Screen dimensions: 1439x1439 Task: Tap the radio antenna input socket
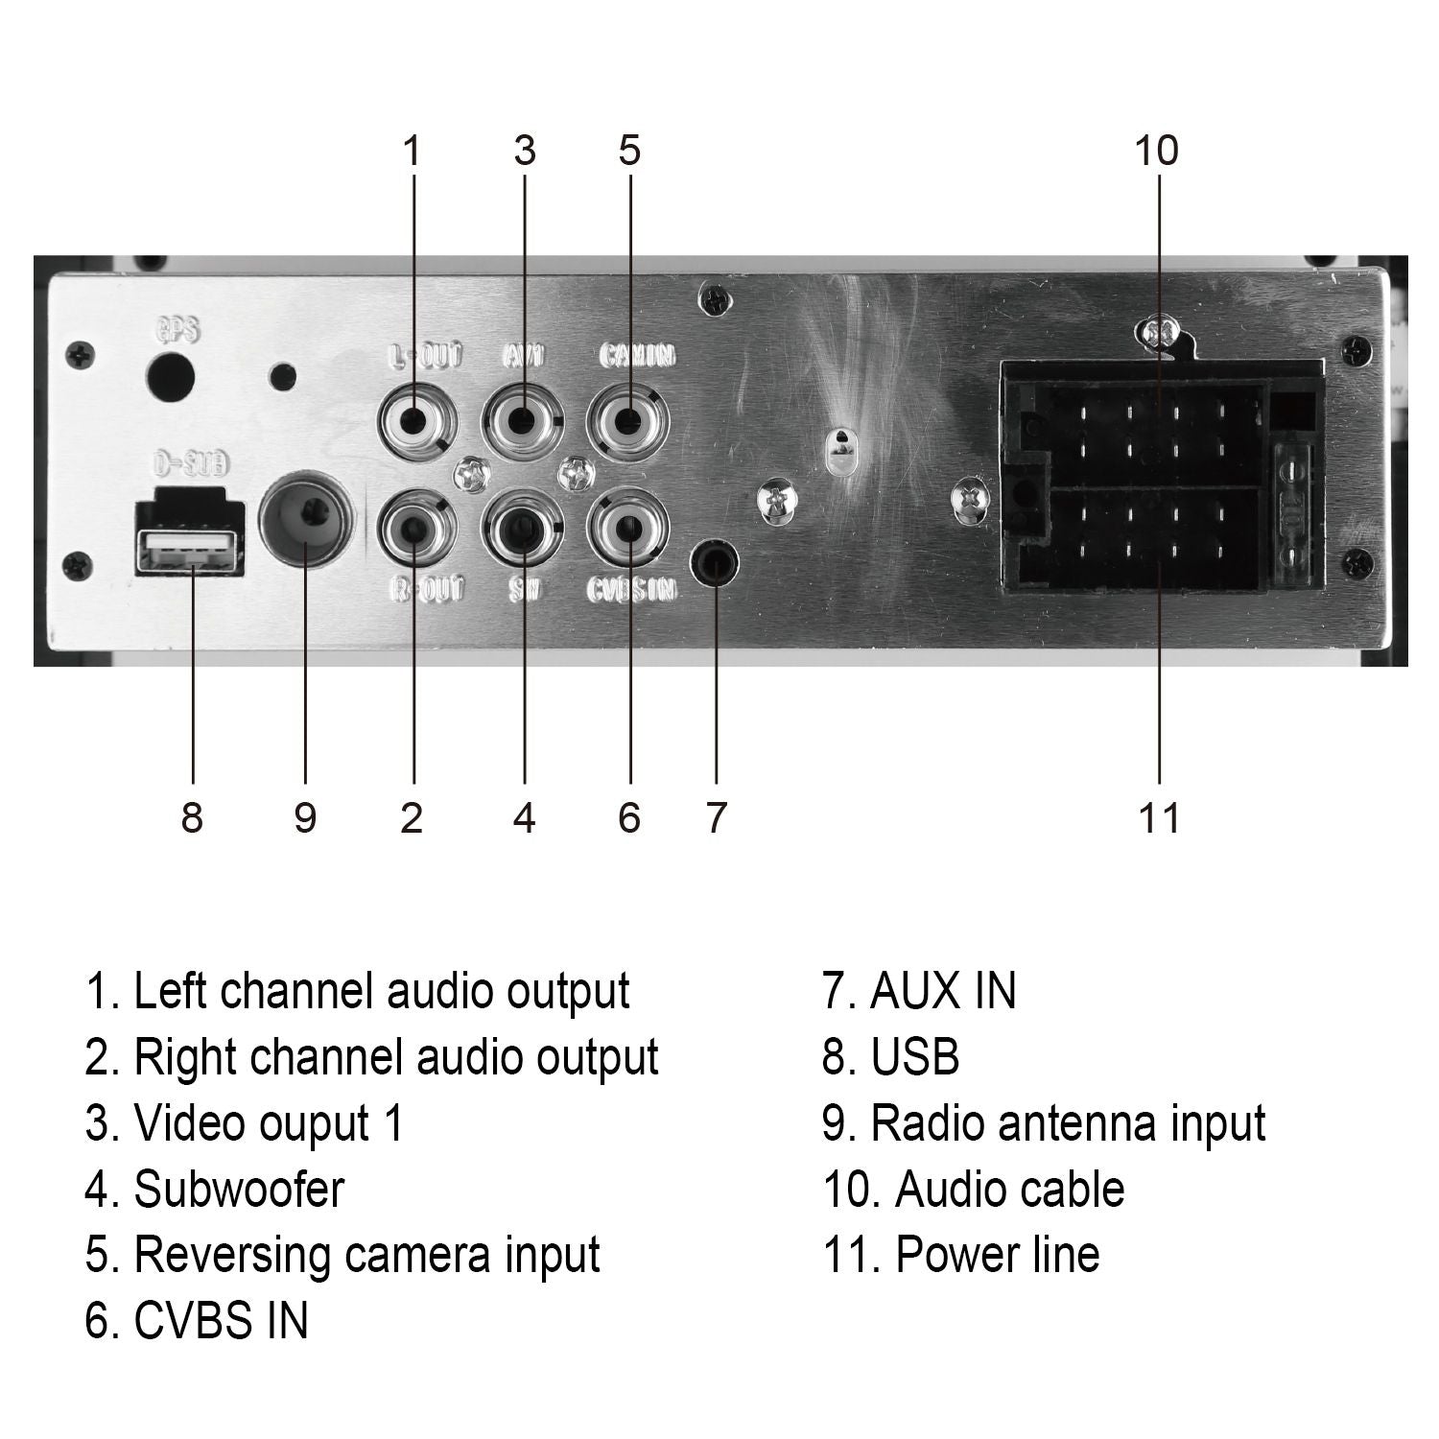[305, 521]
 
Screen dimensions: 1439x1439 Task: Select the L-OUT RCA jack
[415, 420]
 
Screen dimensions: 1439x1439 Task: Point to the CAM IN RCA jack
[627, 420]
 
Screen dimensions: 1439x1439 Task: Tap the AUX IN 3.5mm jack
[716, 563]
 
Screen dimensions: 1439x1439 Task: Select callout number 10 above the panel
[1156, 151]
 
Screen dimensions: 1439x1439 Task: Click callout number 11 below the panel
[1159, 818]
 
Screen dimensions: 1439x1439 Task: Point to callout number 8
[192, 818]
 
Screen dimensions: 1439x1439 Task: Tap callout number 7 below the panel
[716, 818]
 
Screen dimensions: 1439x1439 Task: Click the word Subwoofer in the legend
[238, 1190]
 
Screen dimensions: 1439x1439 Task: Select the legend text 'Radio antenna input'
[1067, 1123]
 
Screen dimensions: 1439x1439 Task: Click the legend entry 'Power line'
[997, 1255]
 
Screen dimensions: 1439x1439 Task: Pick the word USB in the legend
[914, 1057]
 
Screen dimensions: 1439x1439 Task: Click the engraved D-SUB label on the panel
[191, 466]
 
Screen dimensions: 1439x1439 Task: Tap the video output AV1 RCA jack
[523, 420]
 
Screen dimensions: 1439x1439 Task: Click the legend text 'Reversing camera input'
[366, 1255]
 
